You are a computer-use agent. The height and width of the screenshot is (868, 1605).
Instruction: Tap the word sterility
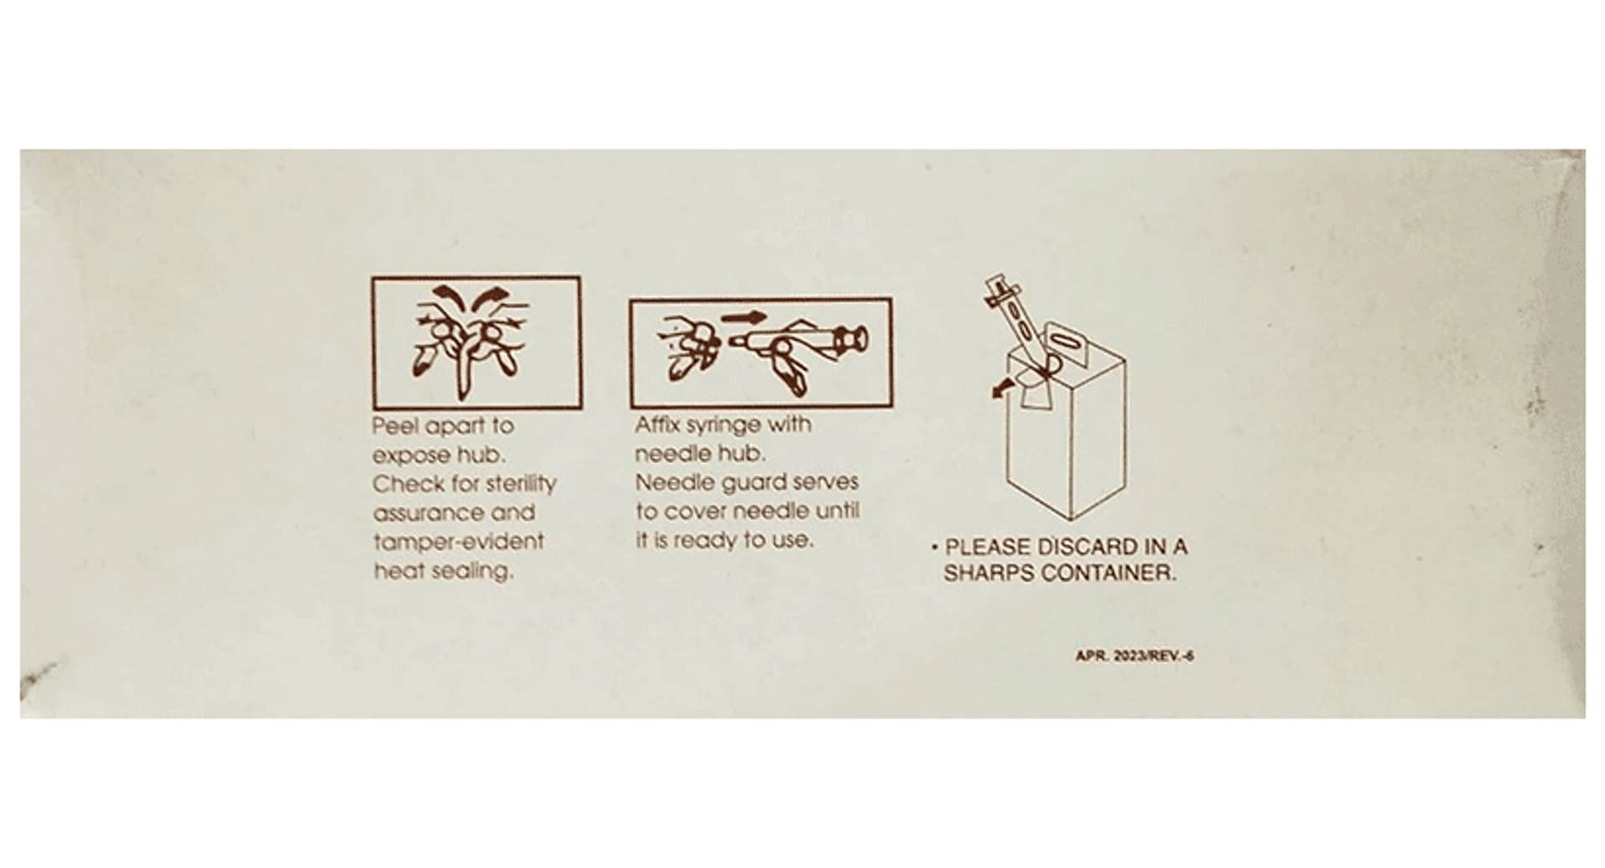pos(521,485)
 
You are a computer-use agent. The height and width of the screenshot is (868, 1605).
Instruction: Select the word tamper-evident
pos(459,543)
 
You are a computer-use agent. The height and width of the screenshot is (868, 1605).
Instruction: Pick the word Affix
pos(657,424)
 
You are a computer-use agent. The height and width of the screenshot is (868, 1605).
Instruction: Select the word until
pos(838,511)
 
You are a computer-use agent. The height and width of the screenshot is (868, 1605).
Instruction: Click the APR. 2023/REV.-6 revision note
pos(1135,656)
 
